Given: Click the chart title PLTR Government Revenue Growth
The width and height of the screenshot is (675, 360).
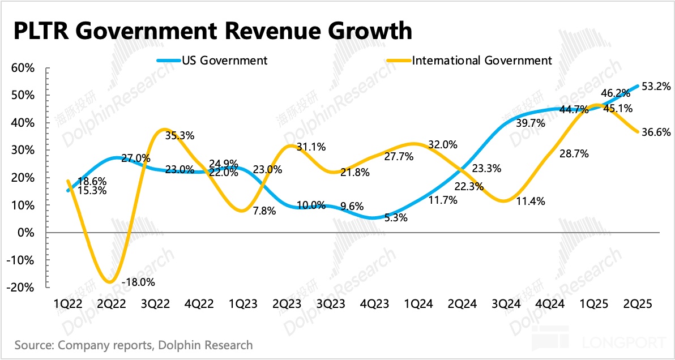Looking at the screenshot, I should pos(212,31).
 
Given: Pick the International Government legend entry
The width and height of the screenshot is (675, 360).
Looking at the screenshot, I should pos(482,60).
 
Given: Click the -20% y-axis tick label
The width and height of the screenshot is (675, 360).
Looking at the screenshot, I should pos(22,288).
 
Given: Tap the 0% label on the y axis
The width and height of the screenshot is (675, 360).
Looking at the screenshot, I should pos(27,233).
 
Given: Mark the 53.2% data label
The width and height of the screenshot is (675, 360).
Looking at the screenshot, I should pos(657,87).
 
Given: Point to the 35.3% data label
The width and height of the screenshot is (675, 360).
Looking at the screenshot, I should pos(180,136).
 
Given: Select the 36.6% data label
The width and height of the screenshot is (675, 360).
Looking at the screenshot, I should pos(657,132).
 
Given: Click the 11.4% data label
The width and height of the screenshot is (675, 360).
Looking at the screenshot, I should pos(531,201).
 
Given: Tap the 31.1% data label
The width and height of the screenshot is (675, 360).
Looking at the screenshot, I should pos(311,147).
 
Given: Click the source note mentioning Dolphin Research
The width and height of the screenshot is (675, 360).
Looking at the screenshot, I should pos(134,345).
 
